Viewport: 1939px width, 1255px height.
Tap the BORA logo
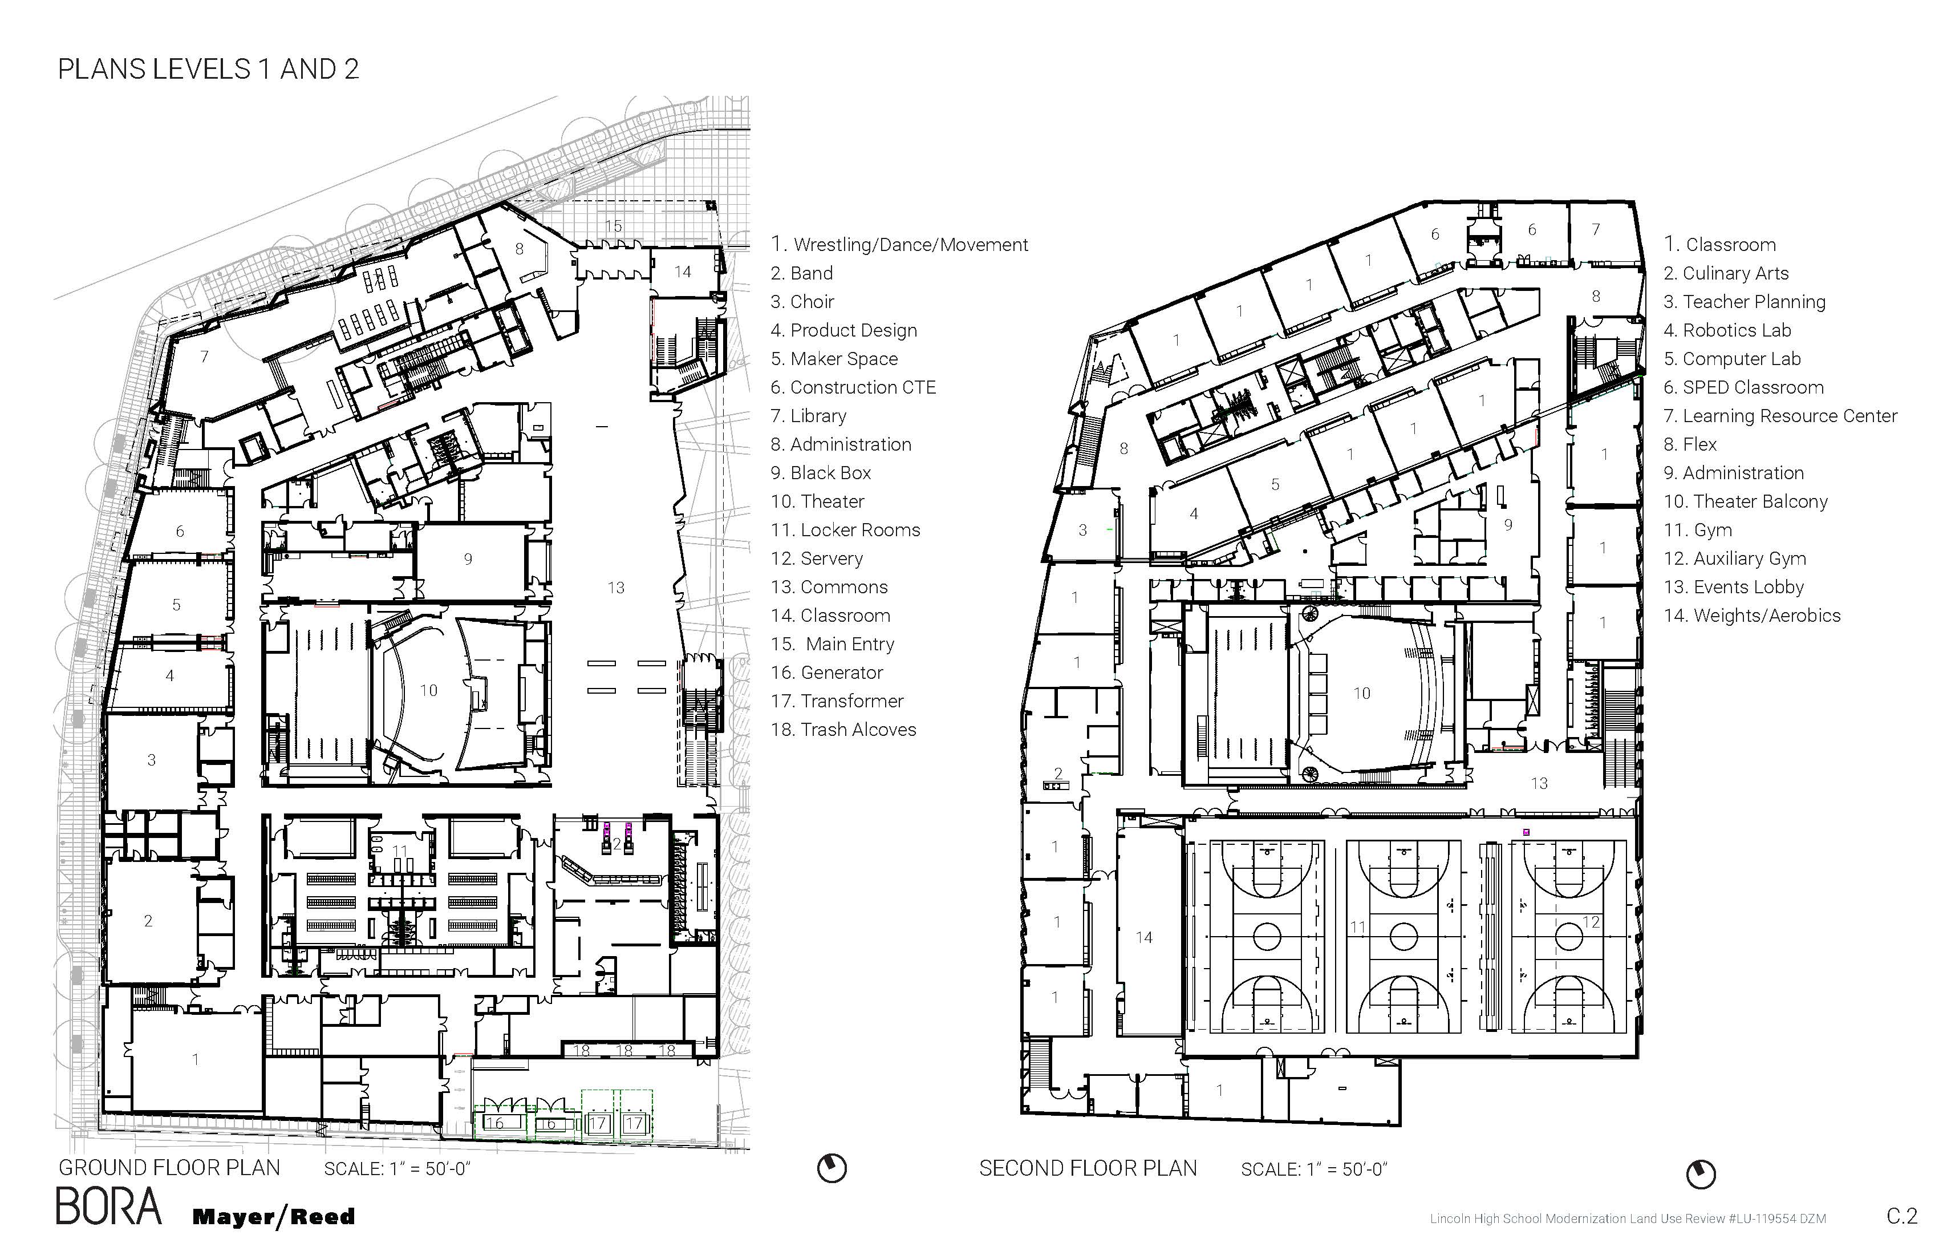point(108,1207)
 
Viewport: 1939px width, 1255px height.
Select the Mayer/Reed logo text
point(274,1217)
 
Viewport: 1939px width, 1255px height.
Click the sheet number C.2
point(1901,1216)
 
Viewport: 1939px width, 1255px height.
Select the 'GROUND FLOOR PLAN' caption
point(169,1167)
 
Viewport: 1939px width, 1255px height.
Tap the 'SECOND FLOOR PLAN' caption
point(1088,1168)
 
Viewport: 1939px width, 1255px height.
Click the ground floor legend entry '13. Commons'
point(829,587)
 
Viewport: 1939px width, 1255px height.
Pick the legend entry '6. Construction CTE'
point(853,387)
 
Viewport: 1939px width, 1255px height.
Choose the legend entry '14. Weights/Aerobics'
point(1751,616)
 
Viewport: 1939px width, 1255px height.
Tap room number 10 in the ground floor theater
point(428,691)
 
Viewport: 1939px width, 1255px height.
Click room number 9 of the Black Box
point(468,559)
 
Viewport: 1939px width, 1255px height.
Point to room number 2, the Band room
point(148,921)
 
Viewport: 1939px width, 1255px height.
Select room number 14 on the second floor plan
point(1144,938)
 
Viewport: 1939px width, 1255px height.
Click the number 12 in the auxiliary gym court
point(1591,922)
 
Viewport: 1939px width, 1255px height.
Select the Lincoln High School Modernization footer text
point(1627,1219)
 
